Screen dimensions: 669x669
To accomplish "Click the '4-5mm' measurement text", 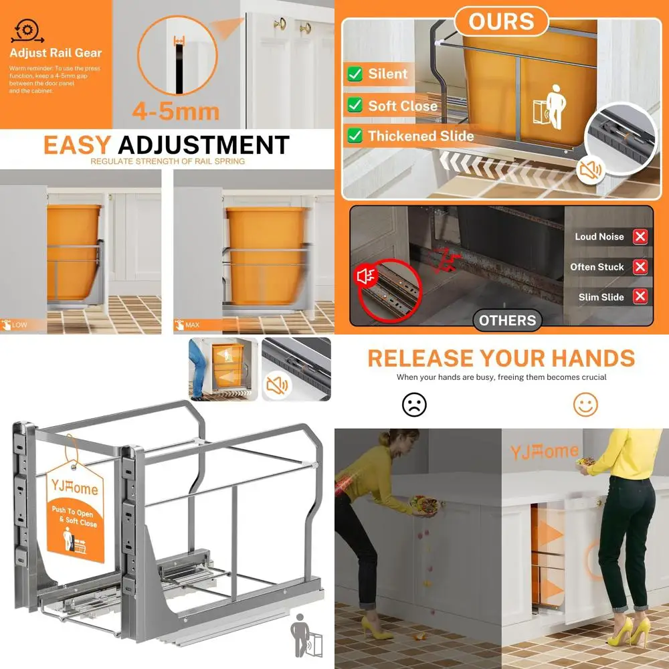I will pyautogui.click(x=175, y=110).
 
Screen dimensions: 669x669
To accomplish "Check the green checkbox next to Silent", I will pyautogui.click(x=355, y=74).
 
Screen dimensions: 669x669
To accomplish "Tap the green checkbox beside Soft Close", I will pyautogui.click(x=355, y=105).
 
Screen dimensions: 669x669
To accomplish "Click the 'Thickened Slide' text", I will pyautogui.click(x=420, y=136).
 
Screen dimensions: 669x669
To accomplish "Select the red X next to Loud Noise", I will pyautogui.click(x=640, y=236).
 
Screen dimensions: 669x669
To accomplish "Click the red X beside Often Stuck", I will pyautogui.click(x=640, y=267).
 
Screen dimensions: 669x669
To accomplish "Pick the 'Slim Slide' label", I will pyautogui.click(x=601, y=297).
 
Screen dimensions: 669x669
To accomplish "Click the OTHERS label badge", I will pyautogui.click(x=507, y=320).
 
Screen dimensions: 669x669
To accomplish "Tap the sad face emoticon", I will pyautogui.click(x=414, y=404).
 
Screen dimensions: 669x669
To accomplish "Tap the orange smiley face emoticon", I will pyautogui.click(x=585, y=404).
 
